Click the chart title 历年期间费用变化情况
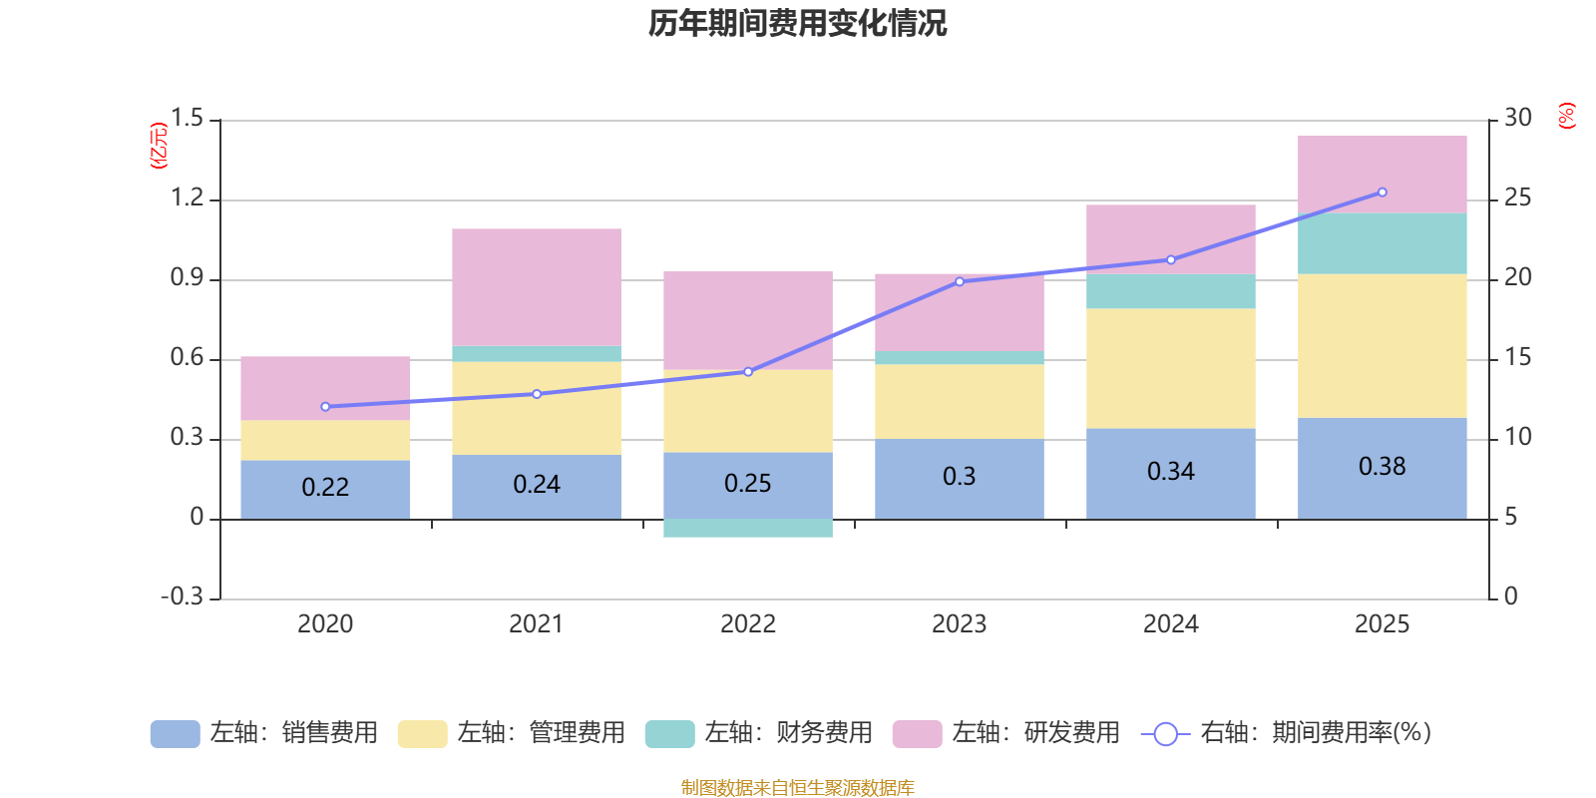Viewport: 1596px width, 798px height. [x=797, y=23]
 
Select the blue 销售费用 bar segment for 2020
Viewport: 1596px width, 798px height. [x=325, y=488]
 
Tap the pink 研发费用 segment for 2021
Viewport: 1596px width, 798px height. [x=537, y=287]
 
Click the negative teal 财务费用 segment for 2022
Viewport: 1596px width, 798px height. [x=748, y=529]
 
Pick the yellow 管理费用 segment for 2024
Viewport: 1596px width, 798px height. [x=1171, y=368]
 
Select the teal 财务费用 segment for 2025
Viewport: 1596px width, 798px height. [x=1383, y=243]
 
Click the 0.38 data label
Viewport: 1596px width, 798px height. [x=1383, y=467]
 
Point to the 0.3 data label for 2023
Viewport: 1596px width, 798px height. [x=960, y=477]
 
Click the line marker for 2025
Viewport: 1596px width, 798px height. [x=1383, y=193]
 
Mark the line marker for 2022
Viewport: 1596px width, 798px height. [x=748, y=372]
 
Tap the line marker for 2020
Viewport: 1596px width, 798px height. [x=325, y=407]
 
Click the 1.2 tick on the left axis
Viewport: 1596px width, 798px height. [x=187, y=199]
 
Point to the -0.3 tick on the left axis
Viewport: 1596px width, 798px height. [x=182, y=597]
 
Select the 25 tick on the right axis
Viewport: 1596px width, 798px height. [x=1517, y=199]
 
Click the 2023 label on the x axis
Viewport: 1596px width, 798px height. [x=960, y=624]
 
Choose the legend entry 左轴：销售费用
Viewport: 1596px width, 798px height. [x=264, y=733]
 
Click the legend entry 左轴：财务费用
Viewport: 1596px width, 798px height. [x=759, y=733]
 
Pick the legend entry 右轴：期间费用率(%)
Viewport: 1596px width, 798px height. [x=1287, y=733]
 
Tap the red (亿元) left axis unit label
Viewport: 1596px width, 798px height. [x=159, y=146]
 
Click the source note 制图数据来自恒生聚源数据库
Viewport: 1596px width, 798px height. [x=797, y=788]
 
